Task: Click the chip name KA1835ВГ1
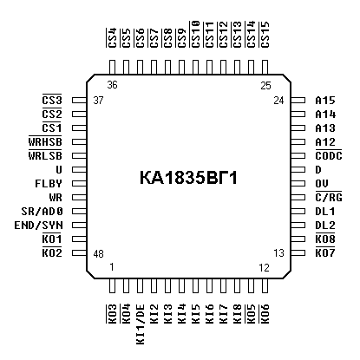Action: click(x=188, y=178)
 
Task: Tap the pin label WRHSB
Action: click(x=45, y=141)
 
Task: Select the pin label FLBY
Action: click(x=49, y=184)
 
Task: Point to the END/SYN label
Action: click(x=38, y=226)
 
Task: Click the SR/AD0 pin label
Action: click(x=42, y=212)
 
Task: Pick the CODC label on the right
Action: click(x=329, y=156)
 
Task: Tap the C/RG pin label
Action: click(x=329, y=198)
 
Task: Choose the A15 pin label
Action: click(x=325, y=101)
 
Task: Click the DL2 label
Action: click(x=325, y=226)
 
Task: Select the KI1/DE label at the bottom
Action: click(x=140, y=324)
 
